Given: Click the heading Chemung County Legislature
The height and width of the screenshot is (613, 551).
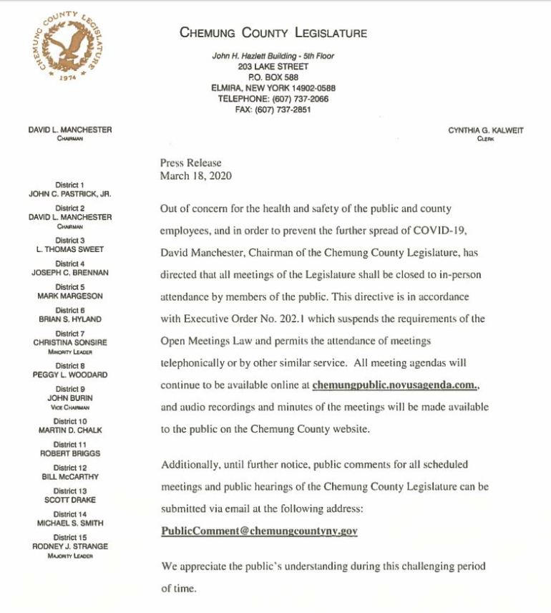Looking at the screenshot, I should tap(273, 33).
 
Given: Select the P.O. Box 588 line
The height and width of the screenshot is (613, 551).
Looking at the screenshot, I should tap(273, 77).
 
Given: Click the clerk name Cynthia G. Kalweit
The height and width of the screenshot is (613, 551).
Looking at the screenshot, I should tap(485, 130).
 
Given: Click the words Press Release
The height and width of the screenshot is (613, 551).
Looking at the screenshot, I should tap(191, 163).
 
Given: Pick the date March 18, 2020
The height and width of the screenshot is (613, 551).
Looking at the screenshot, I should tap(196, 175).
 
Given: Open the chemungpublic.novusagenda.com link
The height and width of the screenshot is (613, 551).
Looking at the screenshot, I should tap(394, 385).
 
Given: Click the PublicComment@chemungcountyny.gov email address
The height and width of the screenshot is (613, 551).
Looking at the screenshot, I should tap(259, 531).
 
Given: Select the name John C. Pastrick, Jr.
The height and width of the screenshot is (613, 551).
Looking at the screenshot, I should tap(70, 193).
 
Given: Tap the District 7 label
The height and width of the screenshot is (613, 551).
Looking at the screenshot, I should tap(70, 334).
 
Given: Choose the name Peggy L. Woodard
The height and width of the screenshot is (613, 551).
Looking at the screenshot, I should tap(70, 375).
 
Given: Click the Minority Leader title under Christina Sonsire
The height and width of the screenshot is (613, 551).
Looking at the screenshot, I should tap(70, 352).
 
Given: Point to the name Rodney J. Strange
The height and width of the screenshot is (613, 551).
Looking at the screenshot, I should tap(70, 546).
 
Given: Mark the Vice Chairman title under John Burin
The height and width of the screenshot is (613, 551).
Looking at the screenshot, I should tap(70, 407).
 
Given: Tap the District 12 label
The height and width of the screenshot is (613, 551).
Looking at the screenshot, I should tap(70, 468).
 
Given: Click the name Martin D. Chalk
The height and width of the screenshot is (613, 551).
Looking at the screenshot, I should tap(70, 430).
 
